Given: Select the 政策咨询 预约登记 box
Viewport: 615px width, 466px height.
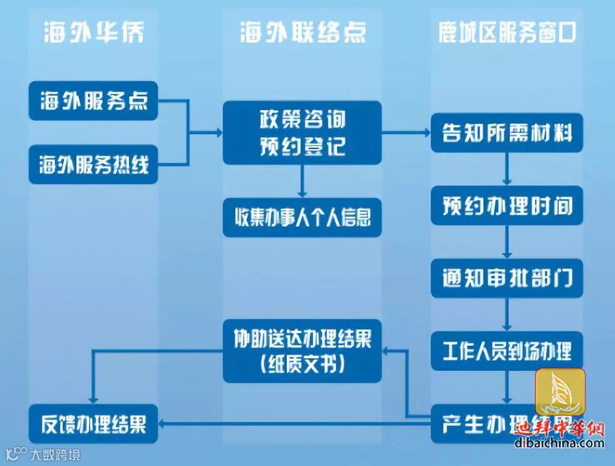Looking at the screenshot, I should [302, 133].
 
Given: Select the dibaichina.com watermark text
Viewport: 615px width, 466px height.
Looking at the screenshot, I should [559, 444].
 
